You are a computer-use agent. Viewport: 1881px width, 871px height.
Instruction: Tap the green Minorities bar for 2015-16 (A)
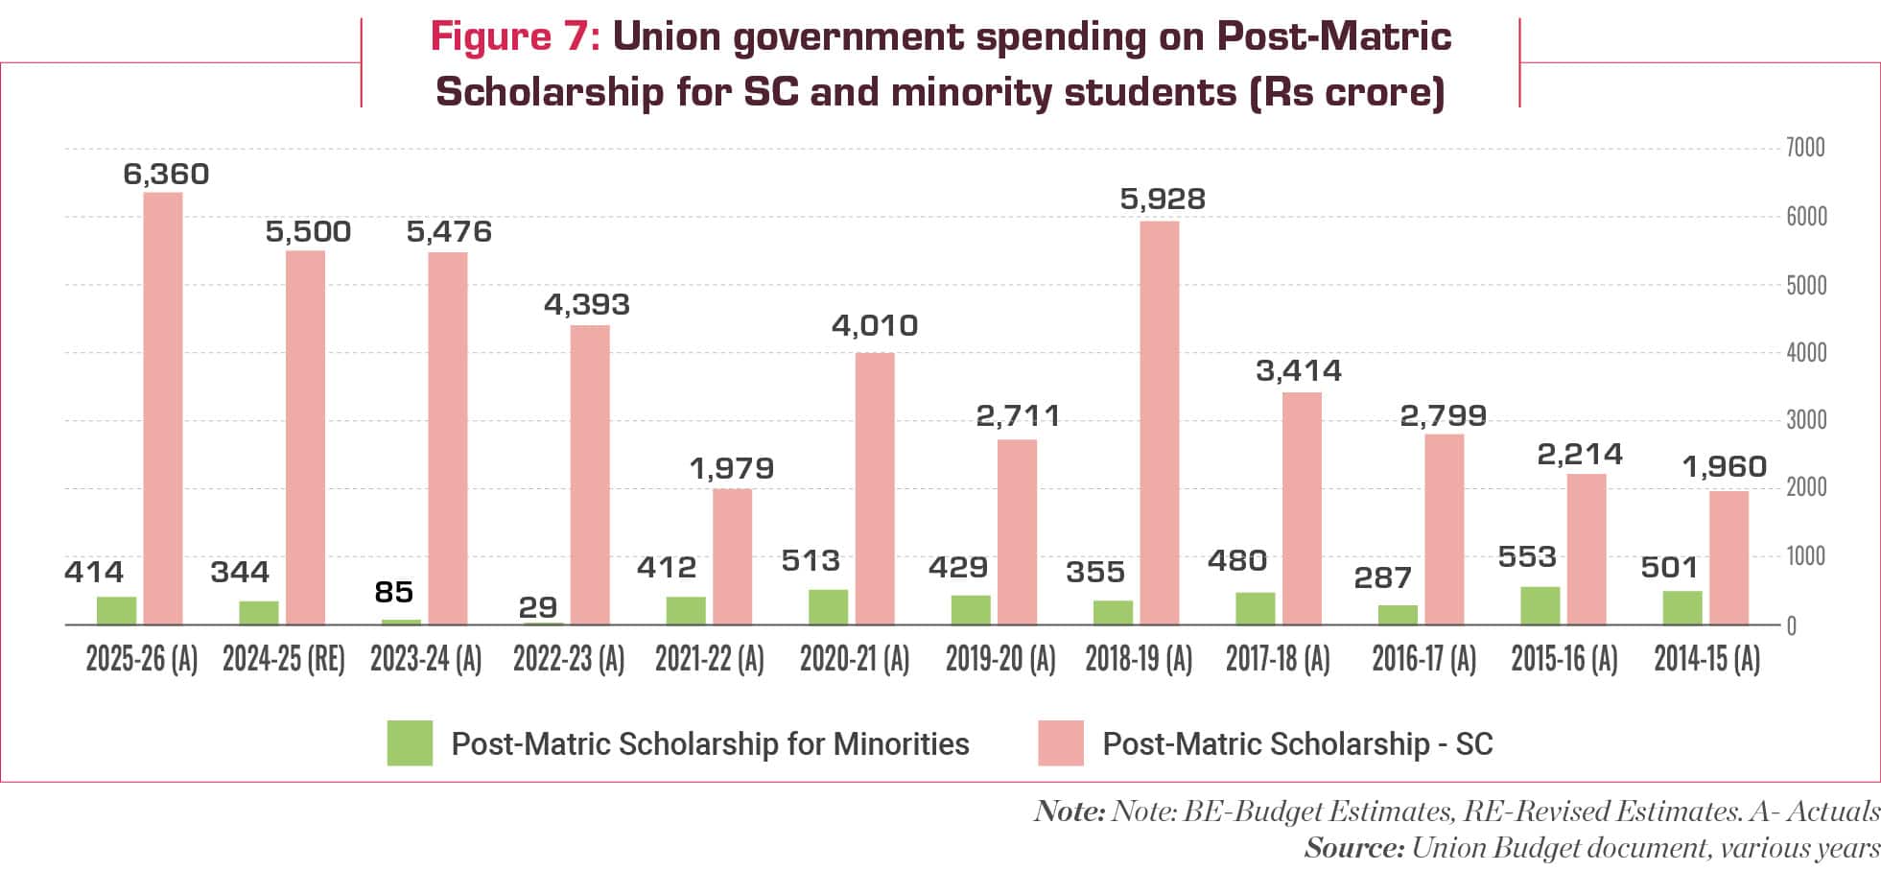coord(1540,606)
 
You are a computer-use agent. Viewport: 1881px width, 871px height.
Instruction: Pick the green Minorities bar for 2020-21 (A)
coord(828,608)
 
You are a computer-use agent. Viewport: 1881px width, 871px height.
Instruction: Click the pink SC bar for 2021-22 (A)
coord(732,557)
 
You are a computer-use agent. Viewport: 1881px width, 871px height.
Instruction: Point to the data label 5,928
coord(1163,200)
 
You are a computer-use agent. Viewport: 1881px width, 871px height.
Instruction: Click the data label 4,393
coord(586,305)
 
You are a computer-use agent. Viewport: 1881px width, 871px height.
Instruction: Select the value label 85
coord(394,593)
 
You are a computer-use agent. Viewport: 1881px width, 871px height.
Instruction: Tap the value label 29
coord(537,607)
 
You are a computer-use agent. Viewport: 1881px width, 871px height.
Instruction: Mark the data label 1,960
coord(1724,467)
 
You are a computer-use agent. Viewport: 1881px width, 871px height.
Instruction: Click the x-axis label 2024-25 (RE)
coord(284,660)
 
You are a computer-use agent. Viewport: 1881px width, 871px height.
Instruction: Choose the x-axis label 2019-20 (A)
coord(1000,660)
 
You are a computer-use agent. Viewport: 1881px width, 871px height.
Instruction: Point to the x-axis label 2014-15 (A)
coord(1706,660)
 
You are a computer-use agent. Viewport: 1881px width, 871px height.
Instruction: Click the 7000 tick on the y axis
coord(1804,149)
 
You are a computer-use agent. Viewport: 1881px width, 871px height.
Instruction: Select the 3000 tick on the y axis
coord(1804,420)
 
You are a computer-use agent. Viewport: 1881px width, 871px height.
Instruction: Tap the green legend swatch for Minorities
coord(410,743)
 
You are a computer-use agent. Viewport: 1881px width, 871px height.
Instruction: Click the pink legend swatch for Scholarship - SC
coord(1060,743)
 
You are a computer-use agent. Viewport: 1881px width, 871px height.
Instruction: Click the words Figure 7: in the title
coord(515,37)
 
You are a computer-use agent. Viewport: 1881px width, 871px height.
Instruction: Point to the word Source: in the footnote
coord(1353,848)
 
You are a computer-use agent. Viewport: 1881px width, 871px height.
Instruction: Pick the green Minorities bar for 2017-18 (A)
coord(1255,609)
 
